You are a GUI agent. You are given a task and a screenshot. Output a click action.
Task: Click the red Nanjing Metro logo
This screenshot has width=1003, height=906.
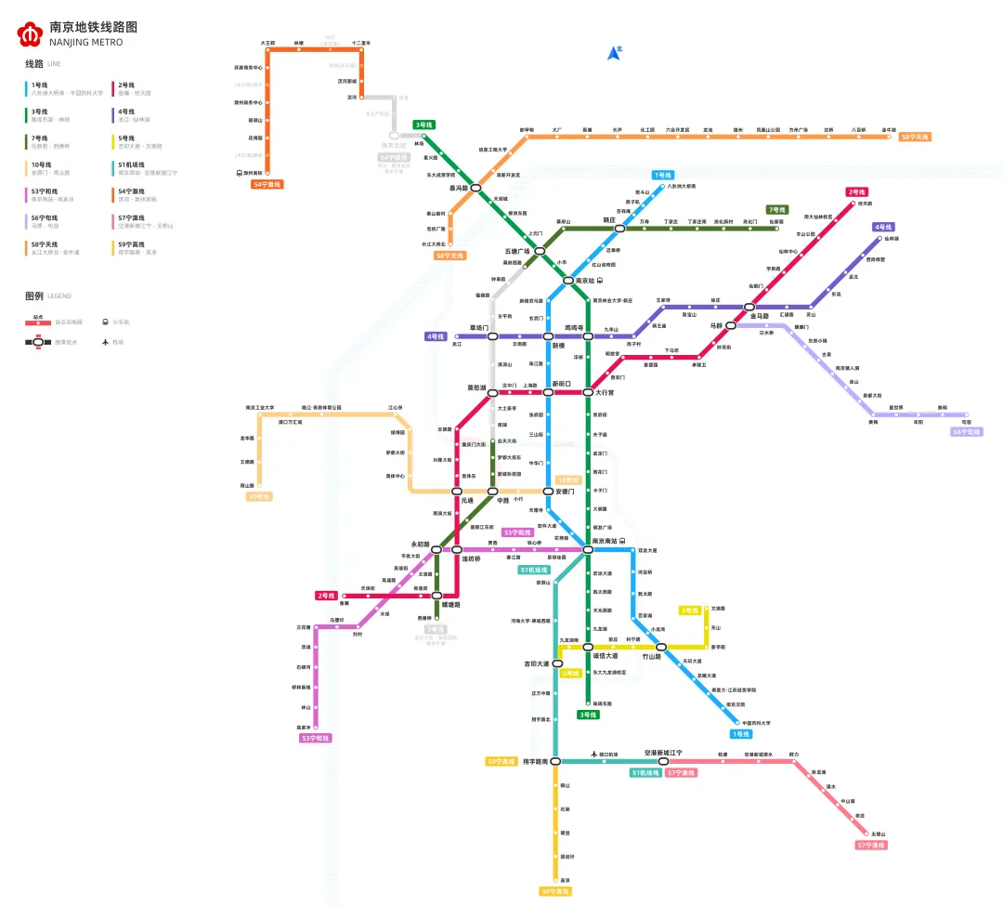pyautogui.click(x=30, y=34)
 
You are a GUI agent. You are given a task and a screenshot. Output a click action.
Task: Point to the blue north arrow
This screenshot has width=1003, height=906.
pyautogui.click(x=614, y=53)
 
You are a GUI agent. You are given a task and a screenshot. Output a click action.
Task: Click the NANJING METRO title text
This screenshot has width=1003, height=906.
pyautogui.click(x=85, y=43)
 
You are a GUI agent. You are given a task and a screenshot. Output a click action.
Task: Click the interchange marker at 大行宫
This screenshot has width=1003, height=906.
pyautogui.click(x=587, y=392)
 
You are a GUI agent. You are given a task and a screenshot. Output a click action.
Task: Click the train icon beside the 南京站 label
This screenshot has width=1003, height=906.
pyautogui.click(x=600, y=281)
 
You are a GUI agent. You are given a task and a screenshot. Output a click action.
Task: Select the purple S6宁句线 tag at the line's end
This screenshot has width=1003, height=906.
pyautogui.click(x=967, y=431)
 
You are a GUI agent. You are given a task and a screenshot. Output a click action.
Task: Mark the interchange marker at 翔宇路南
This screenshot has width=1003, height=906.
pyautogui.click(x=555, y=762)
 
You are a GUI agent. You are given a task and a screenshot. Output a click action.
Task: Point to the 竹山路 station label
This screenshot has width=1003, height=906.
pyautogui.click(x=651, y=656)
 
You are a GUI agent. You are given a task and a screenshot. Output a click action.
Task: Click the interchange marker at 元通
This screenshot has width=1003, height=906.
pyautogui.click(x=457, y=491)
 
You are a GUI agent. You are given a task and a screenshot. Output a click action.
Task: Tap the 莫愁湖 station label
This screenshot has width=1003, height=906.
pyautogui.click(x=475, y=386)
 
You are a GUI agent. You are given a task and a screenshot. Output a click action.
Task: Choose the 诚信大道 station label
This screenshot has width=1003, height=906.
pyautogui.click(x=606, y=656)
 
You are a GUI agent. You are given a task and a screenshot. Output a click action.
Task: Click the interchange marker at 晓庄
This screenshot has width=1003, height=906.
pyautogui.click(x=620, y=228)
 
